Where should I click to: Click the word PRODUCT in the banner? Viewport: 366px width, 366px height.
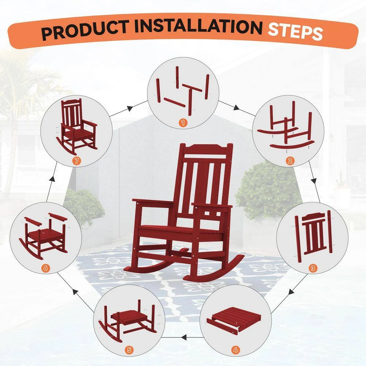(85, 30)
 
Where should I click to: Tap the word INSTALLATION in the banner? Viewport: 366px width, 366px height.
(198, 26)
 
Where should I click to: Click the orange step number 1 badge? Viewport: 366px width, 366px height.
(183, 122)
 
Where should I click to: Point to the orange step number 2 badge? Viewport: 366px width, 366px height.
(290, 161)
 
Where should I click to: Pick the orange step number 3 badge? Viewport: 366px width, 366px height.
(313, 268)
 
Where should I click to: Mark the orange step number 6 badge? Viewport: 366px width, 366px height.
(45, 268)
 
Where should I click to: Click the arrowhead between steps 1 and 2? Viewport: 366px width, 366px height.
(236, 108)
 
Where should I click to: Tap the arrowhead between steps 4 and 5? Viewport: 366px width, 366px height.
(184, 337)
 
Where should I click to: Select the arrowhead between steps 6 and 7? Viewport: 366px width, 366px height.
(53, 179)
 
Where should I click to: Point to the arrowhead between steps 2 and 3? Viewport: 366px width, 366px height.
(314, 181)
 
